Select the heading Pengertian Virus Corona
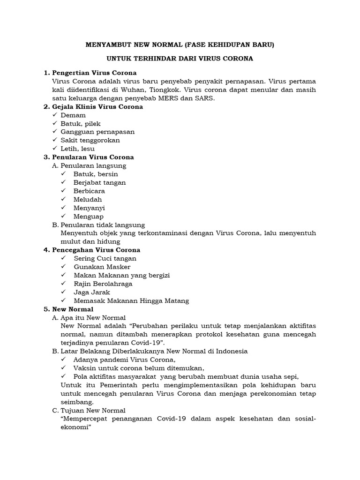tap(94, 73)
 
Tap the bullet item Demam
tap(73, 115)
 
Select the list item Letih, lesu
tap(77, 149)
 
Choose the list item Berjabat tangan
tap(99, 182)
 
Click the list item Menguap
tap(89, 216)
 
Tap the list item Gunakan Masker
tap(102, 267)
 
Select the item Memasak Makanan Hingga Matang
tap(131, 300)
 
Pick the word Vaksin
tap(84, 367)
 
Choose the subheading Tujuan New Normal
tap(93, 410)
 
